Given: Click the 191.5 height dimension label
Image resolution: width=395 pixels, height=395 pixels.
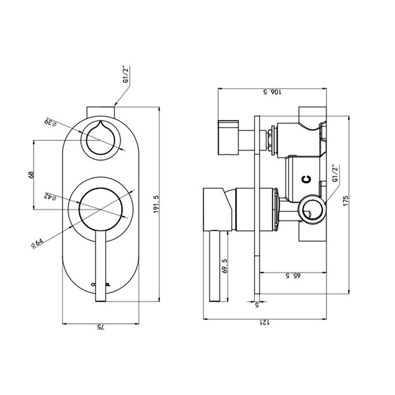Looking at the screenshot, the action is click(156, 205).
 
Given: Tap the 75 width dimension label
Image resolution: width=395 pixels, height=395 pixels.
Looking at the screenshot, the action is click(101, 327).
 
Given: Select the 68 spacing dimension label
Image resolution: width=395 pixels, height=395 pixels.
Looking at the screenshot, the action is click(31, 175).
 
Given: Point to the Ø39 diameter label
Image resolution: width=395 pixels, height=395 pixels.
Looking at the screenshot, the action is click(51, 122).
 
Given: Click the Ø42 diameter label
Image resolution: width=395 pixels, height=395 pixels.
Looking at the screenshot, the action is click(51, 196).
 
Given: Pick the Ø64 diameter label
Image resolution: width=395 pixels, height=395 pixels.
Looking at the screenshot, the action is click(37, 244).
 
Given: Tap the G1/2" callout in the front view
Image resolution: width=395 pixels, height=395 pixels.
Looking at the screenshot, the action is click(126, 74).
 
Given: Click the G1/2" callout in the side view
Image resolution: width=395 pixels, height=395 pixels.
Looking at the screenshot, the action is click(335, 174).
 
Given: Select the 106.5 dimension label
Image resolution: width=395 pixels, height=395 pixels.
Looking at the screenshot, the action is click(273, 92).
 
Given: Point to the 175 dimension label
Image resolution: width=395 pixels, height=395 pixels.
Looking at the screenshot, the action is click(346, 201).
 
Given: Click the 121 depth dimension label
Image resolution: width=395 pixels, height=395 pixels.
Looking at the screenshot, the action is click(265, 323).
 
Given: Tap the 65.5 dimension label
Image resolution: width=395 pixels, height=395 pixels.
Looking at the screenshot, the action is click(293, 276).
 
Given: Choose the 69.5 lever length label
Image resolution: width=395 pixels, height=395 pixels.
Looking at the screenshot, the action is click(224, 266).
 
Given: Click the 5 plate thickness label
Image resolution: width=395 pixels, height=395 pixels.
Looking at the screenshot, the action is click(257, 305).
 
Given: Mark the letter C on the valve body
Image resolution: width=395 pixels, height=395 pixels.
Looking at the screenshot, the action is click(306, 179).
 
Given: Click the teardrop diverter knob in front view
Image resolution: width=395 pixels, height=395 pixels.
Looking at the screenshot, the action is click(101, 138).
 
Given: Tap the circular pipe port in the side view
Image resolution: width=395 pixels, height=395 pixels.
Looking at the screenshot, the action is click(312, 209).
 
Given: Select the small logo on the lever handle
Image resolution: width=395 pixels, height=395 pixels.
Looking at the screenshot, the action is click(101, 284).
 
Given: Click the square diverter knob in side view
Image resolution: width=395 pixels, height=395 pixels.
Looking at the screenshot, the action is click(228, 138).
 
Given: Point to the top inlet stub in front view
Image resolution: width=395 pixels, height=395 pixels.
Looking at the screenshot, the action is click(101, 112).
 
